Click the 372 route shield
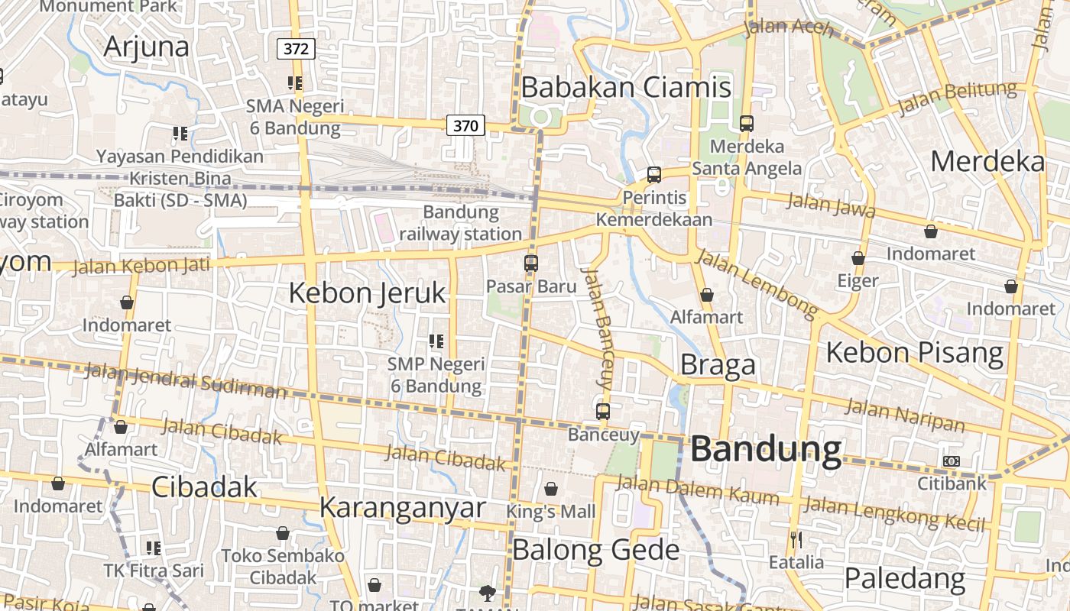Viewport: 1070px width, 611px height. pos(296,50)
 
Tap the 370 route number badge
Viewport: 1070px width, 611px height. pos(465,125)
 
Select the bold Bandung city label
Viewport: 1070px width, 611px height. pos(766,450)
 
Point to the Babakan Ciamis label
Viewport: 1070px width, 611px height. pos(626,87)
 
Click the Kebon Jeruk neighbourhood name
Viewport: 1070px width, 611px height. pos(367,293)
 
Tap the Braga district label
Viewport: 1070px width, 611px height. pos(718,365)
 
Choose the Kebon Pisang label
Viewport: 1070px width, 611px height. pos(914,352)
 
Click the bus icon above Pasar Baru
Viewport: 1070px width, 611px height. pos(531,263)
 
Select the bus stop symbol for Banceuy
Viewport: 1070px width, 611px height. pos(603,412)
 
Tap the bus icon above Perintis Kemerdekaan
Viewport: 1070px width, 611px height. pos(654,175)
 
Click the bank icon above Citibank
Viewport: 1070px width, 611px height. pos(952,461)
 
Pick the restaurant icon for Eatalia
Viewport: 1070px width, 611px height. pos(796,540)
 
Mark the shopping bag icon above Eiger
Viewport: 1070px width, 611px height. pos(858,259)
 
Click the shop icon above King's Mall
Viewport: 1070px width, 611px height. pos(551,489)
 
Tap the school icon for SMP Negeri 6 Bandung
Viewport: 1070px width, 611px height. pos(436,341)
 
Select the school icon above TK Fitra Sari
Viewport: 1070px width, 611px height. pos(154,548)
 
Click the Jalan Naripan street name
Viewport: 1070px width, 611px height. pos(904,415)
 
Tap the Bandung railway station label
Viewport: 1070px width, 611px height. pos(461,222)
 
